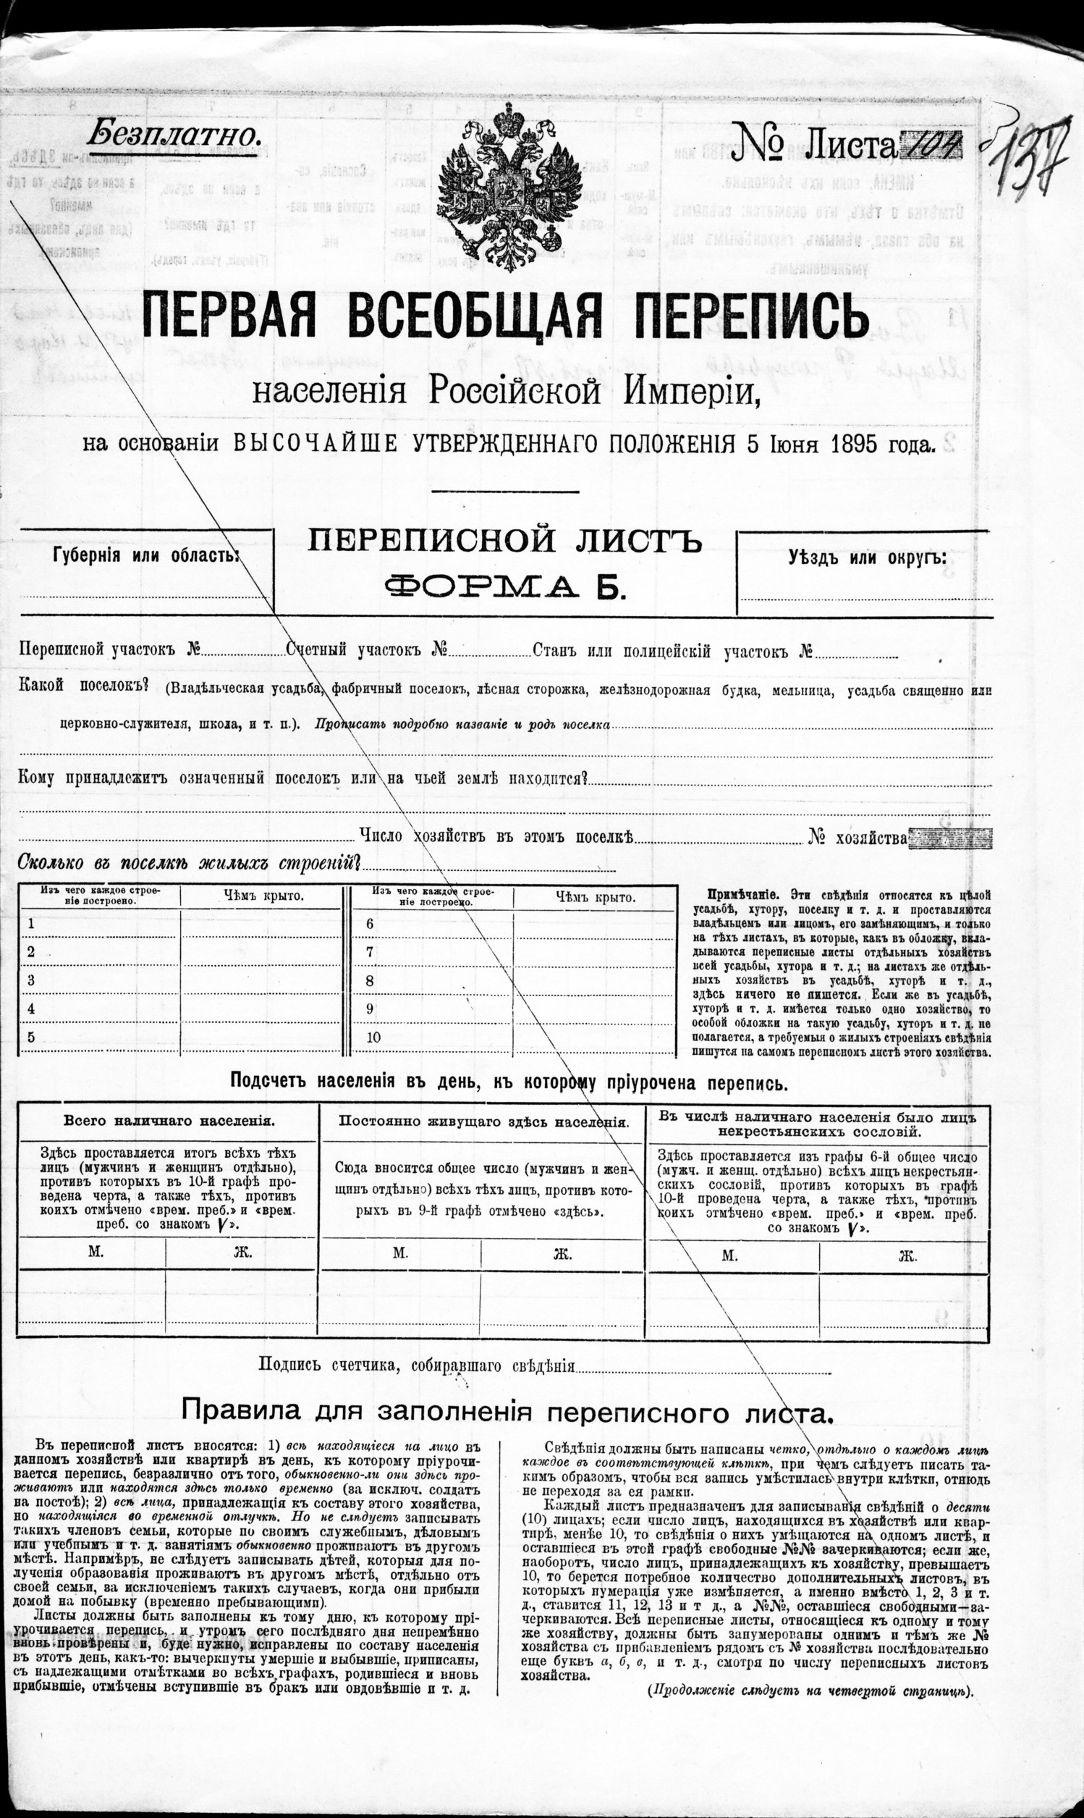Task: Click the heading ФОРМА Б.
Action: point(506,585)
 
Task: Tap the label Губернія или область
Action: point(146,555)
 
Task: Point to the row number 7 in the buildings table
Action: point(370,951)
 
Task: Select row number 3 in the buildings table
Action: point(30,980)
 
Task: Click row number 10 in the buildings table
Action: point(373,1038)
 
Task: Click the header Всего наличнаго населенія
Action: point(169,1120)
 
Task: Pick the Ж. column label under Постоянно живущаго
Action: point(561,1254)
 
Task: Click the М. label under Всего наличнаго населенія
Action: point(95,1251)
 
